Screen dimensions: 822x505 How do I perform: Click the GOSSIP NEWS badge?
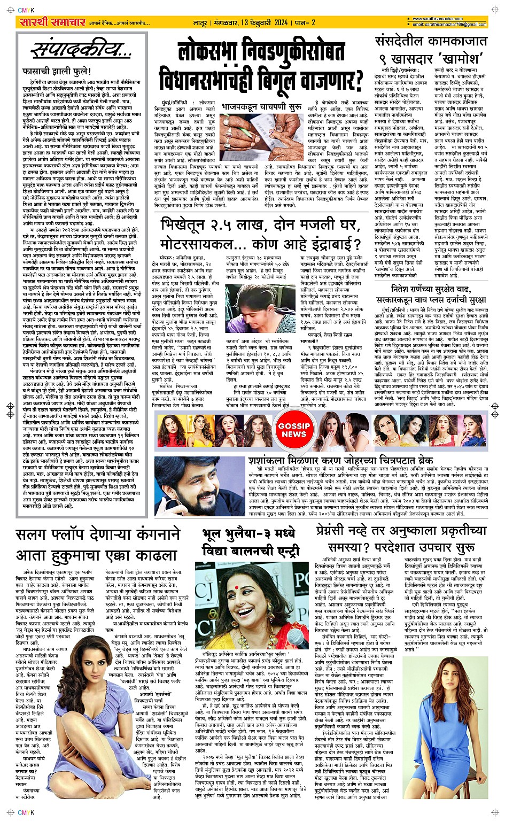pyautogui.click(x=293, y=430)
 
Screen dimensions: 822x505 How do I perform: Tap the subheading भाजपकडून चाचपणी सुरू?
pyautogui.click(x=261, y=107)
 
